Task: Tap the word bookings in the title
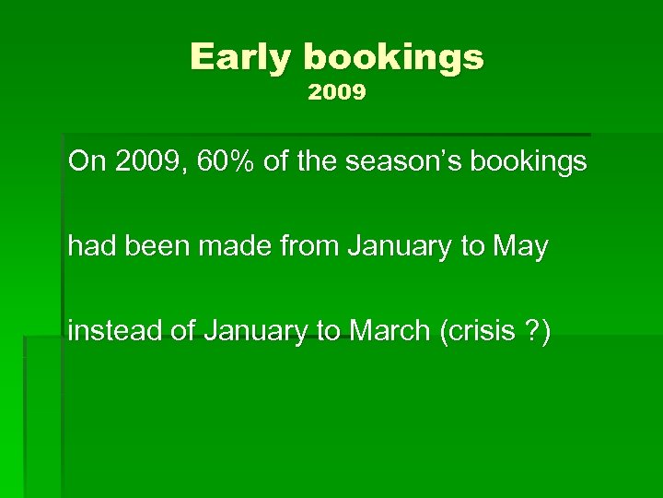pyautogui.click(x=393, y=58)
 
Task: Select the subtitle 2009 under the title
pyautogui.click(x=337, y=93)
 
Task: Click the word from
pyautogui.click(x=311, y=247)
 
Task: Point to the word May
pyautogui.click(x=521, y=247)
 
